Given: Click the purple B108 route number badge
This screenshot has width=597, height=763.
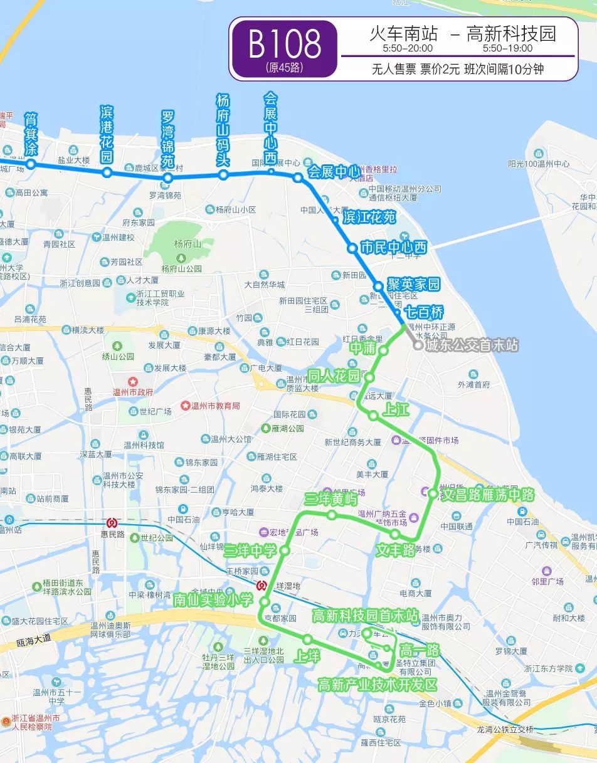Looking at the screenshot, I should pyautogui.click(x=284, y=49).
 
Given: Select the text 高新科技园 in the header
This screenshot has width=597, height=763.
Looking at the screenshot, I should pyautogui.click(x=512, y=34).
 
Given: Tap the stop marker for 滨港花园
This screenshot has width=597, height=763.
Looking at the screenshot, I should pyautogui.click(x=107, y=172).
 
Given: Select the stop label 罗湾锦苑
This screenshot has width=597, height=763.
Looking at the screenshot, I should pyautogui.click(x=167, y=139).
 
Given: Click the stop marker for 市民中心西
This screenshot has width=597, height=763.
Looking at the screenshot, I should pyautogui.click(x=352, y=248).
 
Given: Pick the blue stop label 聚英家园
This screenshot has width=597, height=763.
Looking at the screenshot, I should pyautogui.click(x=413, y=284).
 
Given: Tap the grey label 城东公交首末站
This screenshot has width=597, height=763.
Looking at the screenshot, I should pyautogui.click(x=472, y=345).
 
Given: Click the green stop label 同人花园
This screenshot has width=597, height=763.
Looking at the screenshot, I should pyautogui.click(x=333, y=376).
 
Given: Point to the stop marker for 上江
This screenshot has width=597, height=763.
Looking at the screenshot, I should pyautogui.click(x=373, y=415).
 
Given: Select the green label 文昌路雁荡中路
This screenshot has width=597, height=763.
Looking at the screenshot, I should pyautogui.click(x=488, y=495).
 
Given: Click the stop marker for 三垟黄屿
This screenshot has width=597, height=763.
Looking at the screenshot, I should pyautogui.click(x=332, y=515).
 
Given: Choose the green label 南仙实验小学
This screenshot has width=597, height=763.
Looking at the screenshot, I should pyautogui.click(x=213, y=599).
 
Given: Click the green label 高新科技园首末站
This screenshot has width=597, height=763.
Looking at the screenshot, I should pyautogui.click(x=365, y=616).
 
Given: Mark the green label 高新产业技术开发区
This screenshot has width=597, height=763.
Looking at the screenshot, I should pyautogui.click(x=377, y=684).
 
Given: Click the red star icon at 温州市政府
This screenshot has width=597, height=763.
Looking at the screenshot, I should pyautogui.click(x=132, y=381).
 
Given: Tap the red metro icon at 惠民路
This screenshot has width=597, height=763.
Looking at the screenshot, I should pyautogui.click(x=112, y=522).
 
